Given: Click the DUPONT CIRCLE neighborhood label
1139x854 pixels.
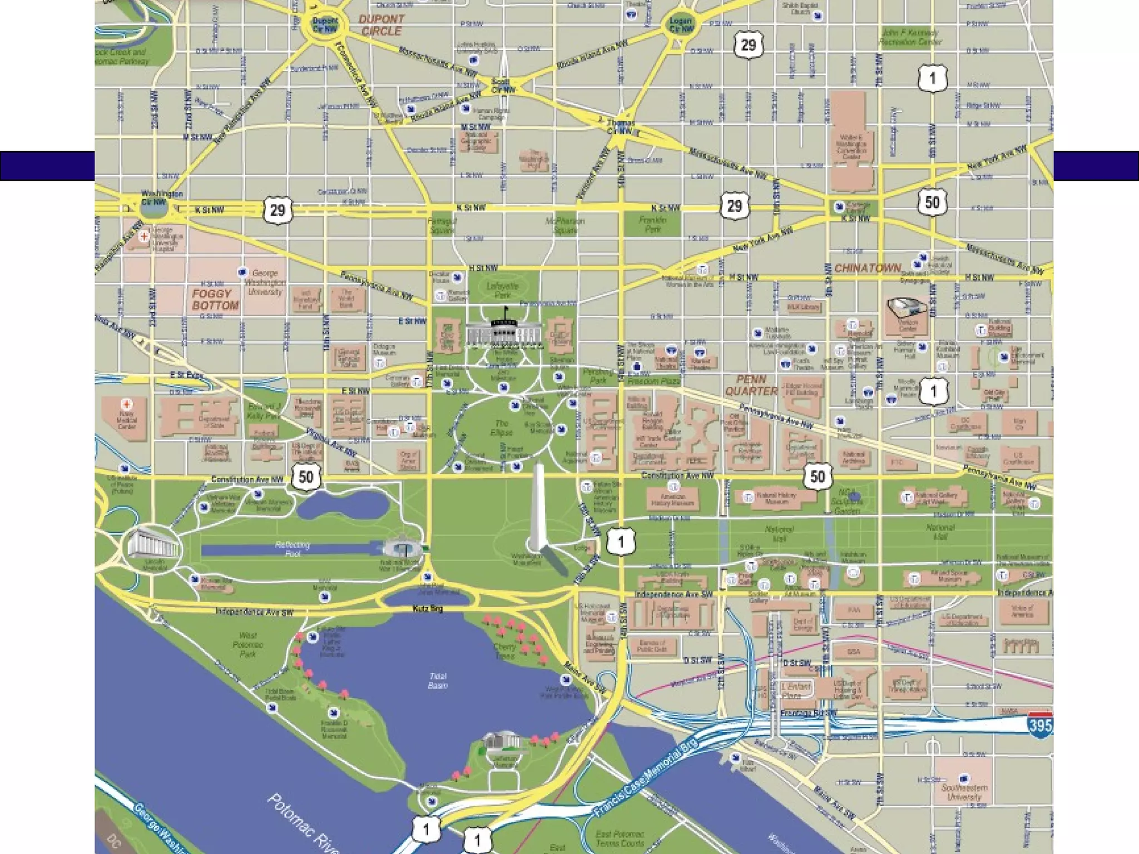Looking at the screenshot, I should coord(381,25).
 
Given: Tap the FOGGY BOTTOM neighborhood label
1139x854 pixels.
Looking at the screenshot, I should coord(215,300).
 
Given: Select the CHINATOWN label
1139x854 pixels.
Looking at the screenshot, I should coord(866,269).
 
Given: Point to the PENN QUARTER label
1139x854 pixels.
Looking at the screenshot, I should coord(751,385).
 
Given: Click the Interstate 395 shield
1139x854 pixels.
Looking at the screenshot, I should coord(1039,724).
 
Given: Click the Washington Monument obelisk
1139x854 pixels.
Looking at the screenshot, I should coord(537,506).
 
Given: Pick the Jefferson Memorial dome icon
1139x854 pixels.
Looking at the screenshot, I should coord(502,742).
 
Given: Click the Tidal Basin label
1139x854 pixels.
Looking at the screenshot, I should coord(438,681).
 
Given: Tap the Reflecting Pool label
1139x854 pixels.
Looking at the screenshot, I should coord(293,549).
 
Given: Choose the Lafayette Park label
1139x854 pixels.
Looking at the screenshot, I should coord(502,290).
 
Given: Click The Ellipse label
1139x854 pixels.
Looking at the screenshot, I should coord(499,428).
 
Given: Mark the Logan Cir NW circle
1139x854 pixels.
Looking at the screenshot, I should coord(681,25).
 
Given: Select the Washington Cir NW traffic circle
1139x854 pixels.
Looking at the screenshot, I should coord(154,202).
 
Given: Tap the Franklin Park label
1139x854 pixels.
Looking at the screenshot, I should coord(652,224).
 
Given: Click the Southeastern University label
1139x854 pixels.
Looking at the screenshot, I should coord(964,792).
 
